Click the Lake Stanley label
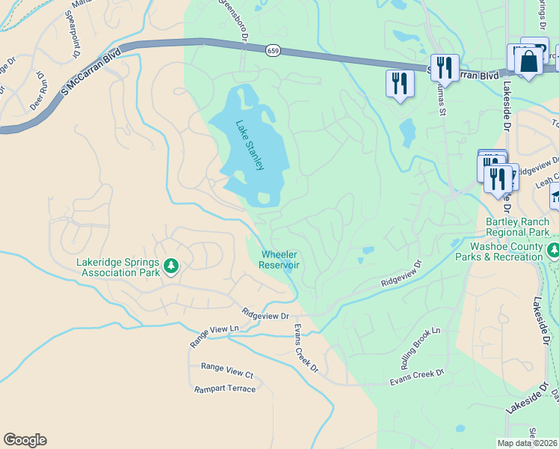point(250,144)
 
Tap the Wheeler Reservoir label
point(279,260)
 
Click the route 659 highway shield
point(273,49)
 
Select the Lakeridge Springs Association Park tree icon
point(171,266)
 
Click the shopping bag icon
point(528,62)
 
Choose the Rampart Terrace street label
point(225,389)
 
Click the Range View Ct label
point(227,370)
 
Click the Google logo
point(25,440)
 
